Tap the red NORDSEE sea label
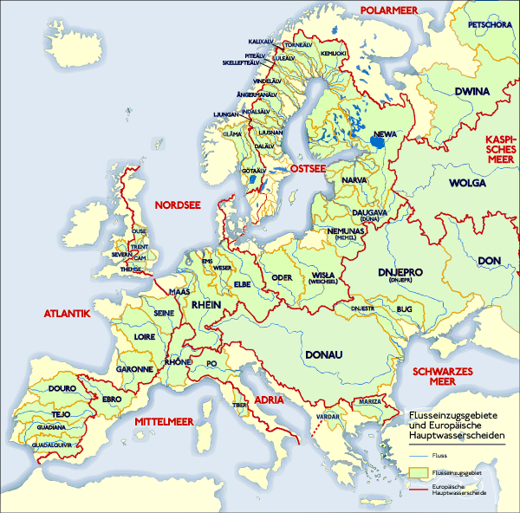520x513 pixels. (x=177, y=205)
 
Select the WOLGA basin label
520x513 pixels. (x=467, y=184)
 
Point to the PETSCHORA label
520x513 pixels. (x=490, y=25)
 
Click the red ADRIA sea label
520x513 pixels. (x=270, y=399)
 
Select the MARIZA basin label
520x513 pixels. (x=366, y=402)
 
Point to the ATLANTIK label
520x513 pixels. (x=67, y=314)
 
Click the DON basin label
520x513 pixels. (x=490, y=260)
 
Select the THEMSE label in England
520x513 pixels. (x=131, y=269)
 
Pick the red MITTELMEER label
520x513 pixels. (x=167, y=420)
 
